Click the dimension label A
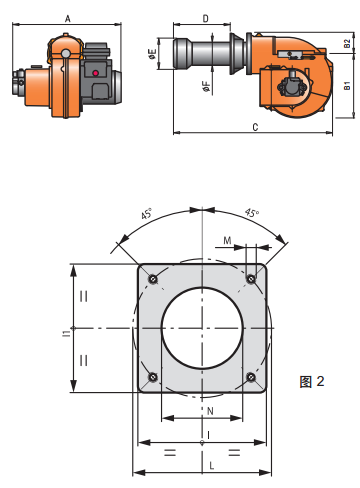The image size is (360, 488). pos(68,19)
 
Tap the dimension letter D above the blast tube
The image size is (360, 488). pos(206,19)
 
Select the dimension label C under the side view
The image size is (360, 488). pos(255,127)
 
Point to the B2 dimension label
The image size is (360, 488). pos(347,44)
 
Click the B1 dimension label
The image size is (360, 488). pos(347,85)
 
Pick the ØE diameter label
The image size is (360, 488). pos(152,54)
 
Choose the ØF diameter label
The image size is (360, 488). pos(207,86)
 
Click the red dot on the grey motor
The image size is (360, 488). pos(96,73)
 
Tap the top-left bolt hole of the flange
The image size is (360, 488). pos(153,279)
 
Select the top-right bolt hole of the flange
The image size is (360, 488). pos(251,279)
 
